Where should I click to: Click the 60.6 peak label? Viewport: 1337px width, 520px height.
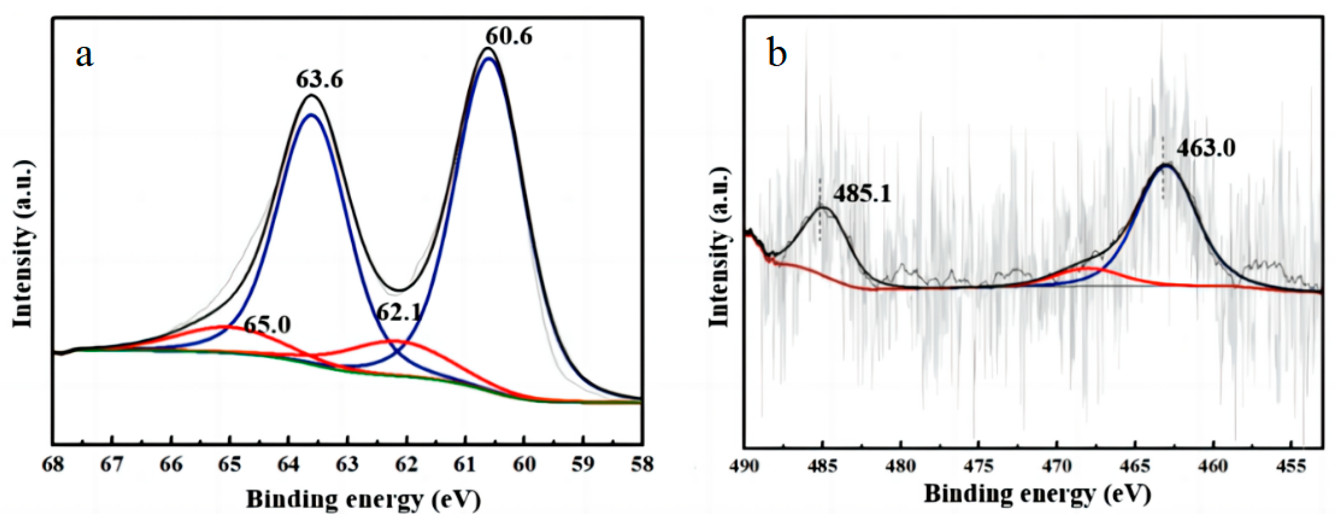pyautogui.click(x=509, y=36)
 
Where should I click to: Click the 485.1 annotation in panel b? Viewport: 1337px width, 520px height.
pyautogui.click(x=862, y=194)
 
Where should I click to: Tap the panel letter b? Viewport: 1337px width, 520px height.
pyautogui.click(x=777, y=54)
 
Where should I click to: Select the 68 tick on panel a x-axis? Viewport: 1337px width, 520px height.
pyautogui.click(x=53, y=464)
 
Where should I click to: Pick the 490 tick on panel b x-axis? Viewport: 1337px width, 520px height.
pyautogui.click(x=745, y=466)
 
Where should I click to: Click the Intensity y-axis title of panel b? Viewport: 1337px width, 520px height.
pyautogui.click(x=720, y=247)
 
